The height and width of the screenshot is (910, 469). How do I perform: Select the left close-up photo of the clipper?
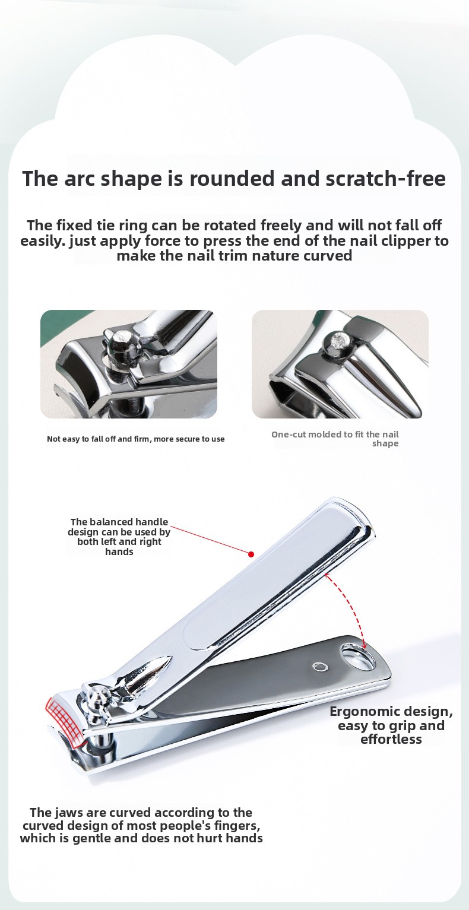click(129, 364)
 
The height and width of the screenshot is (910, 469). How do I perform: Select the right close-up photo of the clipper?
click(340, 364)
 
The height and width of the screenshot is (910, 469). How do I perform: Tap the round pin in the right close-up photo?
click(337, 341)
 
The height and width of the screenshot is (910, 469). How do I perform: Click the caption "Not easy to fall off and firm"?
click(135, 439)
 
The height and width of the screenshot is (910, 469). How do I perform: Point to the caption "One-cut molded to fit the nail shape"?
click(335, 439)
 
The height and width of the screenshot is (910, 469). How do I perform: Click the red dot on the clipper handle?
click(251, 554)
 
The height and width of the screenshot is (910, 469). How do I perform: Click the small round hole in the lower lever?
click(321, 667)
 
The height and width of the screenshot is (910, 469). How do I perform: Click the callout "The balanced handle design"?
click(119, 537)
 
